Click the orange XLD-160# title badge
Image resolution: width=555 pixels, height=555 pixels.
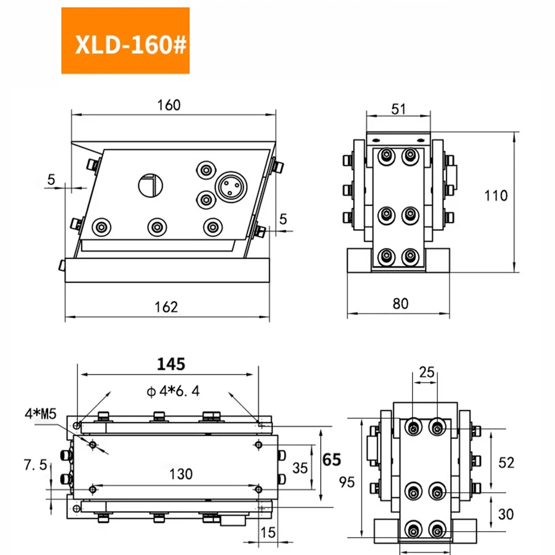pyautogui.click(x=125, y=41)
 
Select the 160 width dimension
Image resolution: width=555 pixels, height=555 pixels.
pyautogui.click(x=169, y=105)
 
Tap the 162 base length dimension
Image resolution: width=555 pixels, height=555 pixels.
pyautogui.click(x=166, y=307)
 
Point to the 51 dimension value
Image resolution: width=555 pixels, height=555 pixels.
pyautogui.click(x=398, y=109)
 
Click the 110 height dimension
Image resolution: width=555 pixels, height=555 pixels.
pyautogui.click(x=496, y=195)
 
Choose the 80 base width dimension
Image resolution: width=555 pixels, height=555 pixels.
pyautogui.click(x=400, y=304)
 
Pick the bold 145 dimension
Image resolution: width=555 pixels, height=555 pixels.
pyautogui.click(x=171, y=364)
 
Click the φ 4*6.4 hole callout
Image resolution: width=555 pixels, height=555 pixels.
pyautogui.click(x=173, y=391)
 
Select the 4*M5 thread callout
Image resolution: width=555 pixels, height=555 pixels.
pyautogui.click(x=41, y=413)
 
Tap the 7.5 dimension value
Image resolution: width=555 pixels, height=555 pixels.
pyautogui.click(x=35, y=465)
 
